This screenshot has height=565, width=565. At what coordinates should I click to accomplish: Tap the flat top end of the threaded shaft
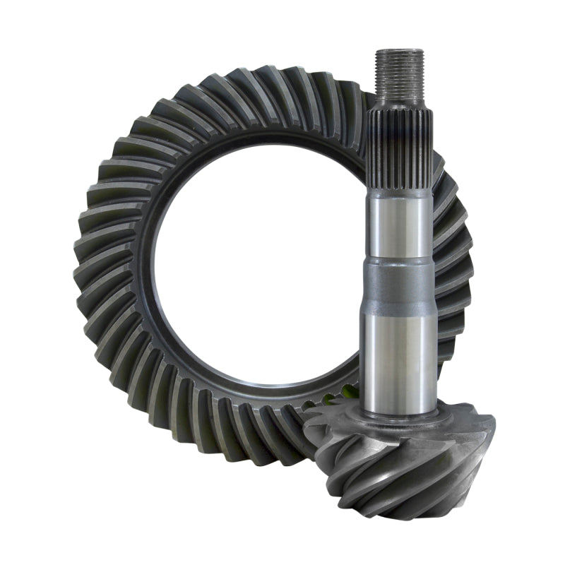tap(400, 52)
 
